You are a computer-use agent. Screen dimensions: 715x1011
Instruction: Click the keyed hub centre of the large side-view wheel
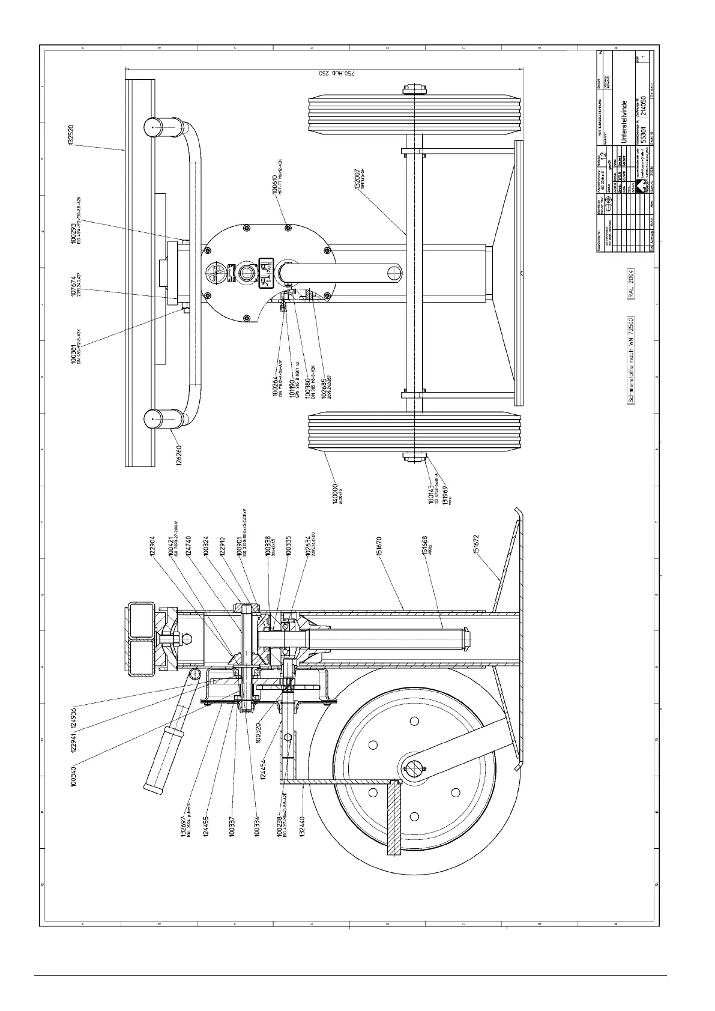click(x=414, y=767)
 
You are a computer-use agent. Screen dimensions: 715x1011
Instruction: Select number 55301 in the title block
click(x=642, y=137)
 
